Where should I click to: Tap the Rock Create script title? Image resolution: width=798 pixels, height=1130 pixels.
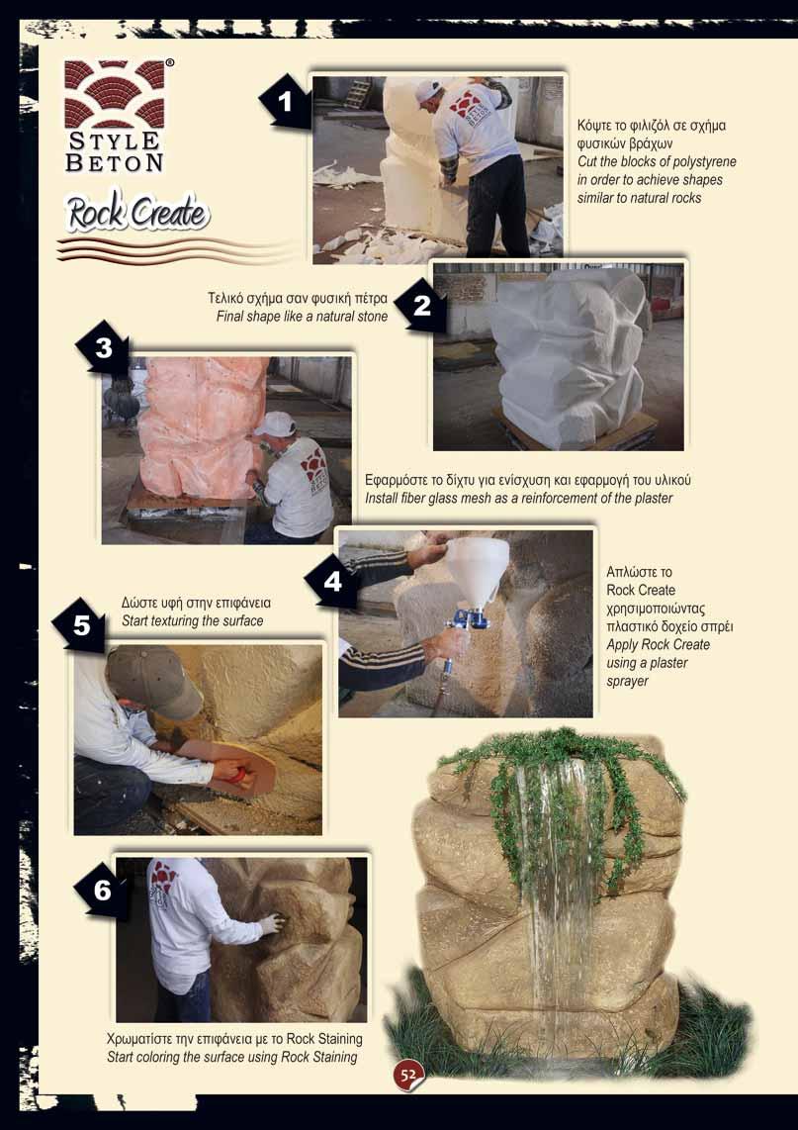[137, 213]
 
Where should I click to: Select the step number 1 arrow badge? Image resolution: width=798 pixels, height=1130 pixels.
[285, 102]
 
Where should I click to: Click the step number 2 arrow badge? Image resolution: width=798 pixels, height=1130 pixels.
[420, 307]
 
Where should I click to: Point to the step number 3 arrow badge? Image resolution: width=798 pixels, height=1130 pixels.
[102, 348]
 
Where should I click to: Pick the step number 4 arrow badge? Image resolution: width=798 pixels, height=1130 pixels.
[331, 581]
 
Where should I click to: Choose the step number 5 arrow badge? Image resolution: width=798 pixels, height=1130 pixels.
[80, 624]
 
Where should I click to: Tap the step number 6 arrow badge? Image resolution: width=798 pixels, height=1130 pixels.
[102, 891]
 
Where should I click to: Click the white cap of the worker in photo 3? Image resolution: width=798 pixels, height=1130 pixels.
[274, 424]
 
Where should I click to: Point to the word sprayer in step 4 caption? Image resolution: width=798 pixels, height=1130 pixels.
[627, 681]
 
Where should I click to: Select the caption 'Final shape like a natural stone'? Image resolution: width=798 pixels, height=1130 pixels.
[302, 317]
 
